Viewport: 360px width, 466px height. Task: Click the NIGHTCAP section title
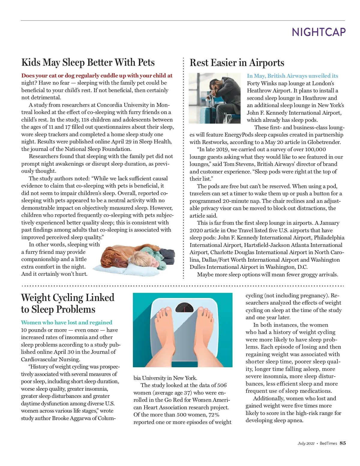pyautogui.click(x=319, y=32)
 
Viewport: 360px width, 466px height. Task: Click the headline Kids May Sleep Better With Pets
pyautogui.click(x=88, y=62)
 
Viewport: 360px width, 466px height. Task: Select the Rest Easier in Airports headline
pyautogui.click(x=237, y=63)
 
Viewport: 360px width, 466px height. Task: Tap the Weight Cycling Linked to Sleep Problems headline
pyautogui.click(x=67, y=303)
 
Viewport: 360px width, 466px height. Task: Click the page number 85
pyautogui.click(x=343, y=443)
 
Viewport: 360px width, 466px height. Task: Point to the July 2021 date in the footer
pyautogui.click(x=306, y=443)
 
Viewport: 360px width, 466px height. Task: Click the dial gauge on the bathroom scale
pyautogui.click(x=184, y=308)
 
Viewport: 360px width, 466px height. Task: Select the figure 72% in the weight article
pyautogui.click(x=214, y=415)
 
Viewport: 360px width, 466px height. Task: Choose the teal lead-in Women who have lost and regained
pyautogui.click(x=66, y=323)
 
